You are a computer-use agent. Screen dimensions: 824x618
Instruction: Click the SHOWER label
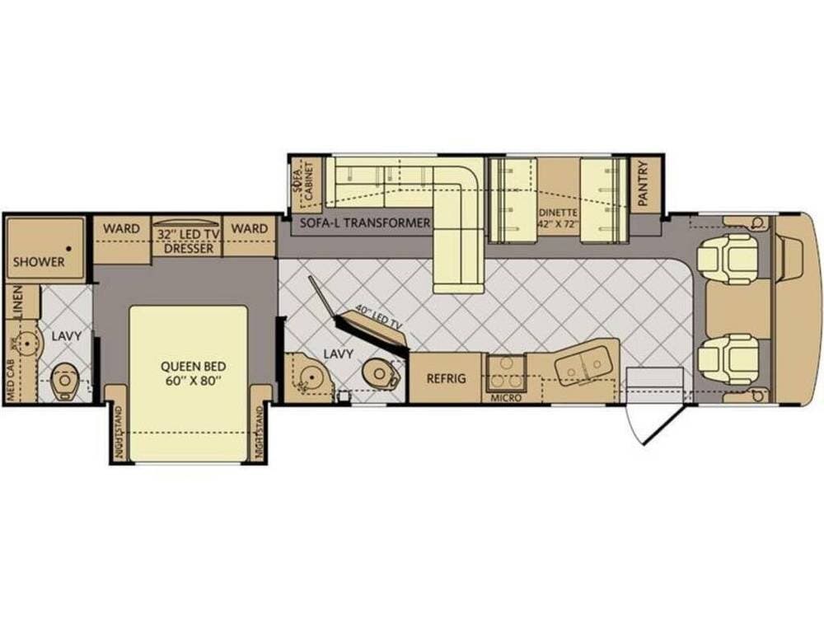(x=39, y=262)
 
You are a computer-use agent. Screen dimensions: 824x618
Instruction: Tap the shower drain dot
(x=69, y=249)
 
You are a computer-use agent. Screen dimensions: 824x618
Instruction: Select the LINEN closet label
(x=17, y=302)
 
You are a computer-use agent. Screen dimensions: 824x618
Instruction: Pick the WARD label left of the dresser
(x=121, y=228)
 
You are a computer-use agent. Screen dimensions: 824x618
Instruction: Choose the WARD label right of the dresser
(x=250, y=228)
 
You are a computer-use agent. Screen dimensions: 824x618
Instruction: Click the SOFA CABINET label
(x=303, y=181)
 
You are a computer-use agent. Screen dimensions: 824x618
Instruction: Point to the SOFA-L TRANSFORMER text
(x=365, y=222)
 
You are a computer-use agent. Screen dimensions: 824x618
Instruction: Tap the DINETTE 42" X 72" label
(x=558, y=218)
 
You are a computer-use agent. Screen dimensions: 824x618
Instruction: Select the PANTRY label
(x=644, y=184)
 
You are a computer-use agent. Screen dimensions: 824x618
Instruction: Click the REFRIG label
(x=446, y=378)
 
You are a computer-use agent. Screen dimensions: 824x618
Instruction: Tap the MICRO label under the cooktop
(x=506, y=398)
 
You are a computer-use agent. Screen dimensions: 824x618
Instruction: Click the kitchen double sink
(x=581, y=363)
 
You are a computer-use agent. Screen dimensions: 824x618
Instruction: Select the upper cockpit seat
(x=728, y=259)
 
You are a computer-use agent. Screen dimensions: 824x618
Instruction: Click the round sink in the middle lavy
(x=312, y=377)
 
